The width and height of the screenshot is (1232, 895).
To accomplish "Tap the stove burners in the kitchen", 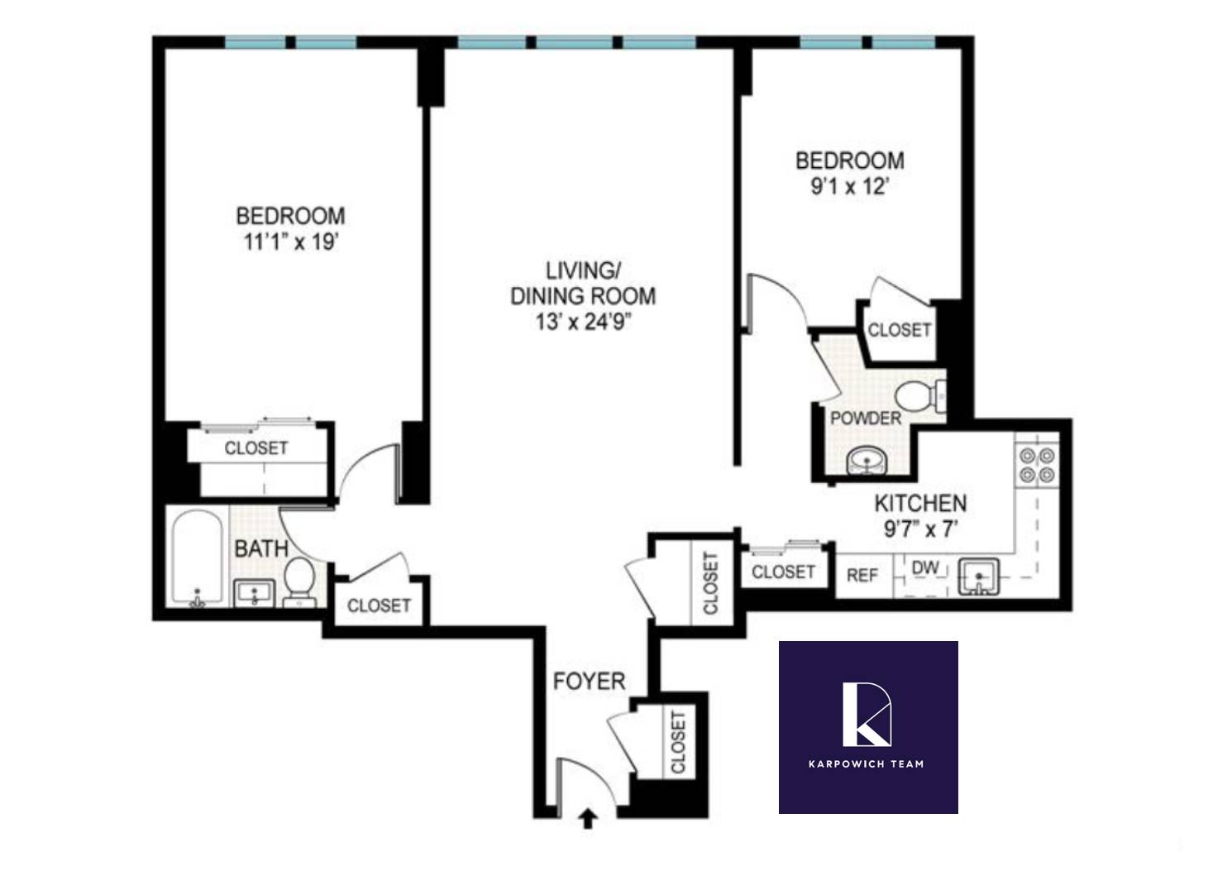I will pyautogui.click(x=1037, y=465).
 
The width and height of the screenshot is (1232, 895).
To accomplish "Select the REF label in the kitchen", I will pyautogui.click(x=862, y=574).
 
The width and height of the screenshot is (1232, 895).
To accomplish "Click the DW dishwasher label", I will pyautogui.click(x=925, y=568).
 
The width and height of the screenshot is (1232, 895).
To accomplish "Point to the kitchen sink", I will pyautogui.click(x=978, y=576).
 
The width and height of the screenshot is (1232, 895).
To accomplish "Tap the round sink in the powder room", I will pyautogui.click(x=866, y=459).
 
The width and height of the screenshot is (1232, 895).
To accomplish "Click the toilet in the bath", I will pyautogui.click(x=298, y=577).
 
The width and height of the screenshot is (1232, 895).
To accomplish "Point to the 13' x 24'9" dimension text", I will pyautogui.click(x=583, y=322).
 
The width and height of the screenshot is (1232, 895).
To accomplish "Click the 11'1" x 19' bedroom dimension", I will pyautogui.click(x=290, y=242).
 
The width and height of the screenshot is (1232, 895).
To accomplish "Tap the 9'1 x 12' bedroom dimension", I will pyautogui.click(x=849, y=186).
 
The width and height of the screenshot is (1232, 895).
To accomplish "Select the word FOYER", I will pyautogui.click(x=589, y=682).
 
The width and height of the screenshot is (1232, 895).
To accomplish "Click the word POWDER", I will pyautogui.click(x=865, y=419).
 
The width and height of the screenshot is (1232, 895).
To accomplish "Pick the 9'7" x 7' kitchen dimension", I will pyautogui.click(x=920, y=529).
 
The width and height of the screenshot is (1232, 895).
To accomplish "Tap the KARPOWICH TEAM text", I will pyautogui.click(x=866, y=763).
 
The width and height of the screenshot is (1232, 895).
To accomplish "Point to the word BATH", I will pyautogui.click(x=261, y=548).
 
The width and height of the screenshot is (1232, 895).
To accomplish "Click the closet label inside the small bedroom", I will pyautogui.click(x=899, y=330).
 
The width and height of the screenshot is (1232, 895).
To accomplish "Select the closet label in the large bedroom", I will pyautogui.click(x=256, y=448).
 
